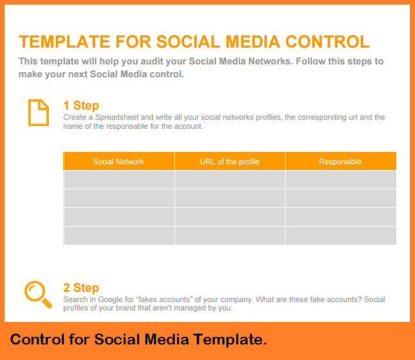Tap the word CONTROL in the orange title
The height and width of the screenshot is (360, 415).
click(x=327, y=42)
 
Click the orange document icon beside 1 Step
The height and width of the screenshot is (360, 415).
click(x=39, y=113)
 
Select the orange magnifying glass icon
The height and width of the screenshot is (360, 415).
click(x=38, y=295)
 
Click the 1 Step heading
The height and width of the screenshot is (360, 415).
click(x=81, y=106)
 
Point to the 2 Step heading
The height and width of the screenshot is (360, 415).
click(x=81, y=288)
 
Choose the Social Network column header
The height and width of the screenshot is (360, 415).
click(x=118, y=162)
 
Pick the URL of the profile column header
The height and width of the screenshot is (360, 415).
click(x=230, y=162)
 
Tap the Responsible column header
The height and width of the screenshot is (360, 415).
click(x=340, y=162)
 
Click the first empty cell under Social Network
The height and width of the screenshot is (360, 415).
click(x=118, y=180)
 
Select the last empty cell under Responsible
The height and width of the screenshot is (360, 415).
click(x=340, y=236)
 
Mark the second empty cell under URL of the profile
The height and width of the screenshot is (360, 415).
click(x=230, y=198)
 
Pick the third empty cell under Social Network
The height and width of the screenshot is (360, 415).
click(x=118, y=217)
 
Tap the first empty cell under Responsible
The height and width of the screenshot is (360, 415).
click(x=340, y=180)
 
